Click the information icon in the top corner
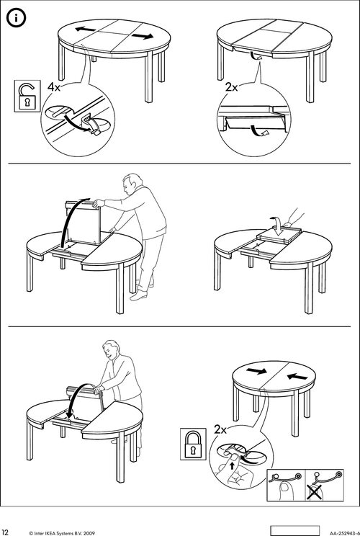(16, 18)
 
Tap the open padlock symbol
(27, 96)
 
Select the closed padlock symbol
(194, 444)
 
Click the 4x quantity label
(54, 87)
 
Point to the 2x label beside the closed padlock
(220, 429)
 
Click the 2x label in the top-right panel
(232, 87)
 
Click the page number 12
(5, 532)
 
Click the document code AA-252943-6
(345, 532)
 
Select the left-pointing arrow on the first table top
(86, 30)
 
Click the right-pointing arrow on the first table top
(143, 36)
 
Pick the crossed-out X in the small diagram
(314, 492)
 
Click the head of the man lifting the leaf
(132, 183)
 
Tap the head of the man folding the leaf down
(112, 349)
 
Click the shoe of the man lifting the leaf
(139, 295)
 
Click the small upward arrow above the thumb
(233, 465)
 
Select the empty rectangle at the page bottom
(294, 530)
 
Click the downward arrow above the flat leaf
(277, 225)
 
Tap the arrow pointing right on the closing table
(256, 371)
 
